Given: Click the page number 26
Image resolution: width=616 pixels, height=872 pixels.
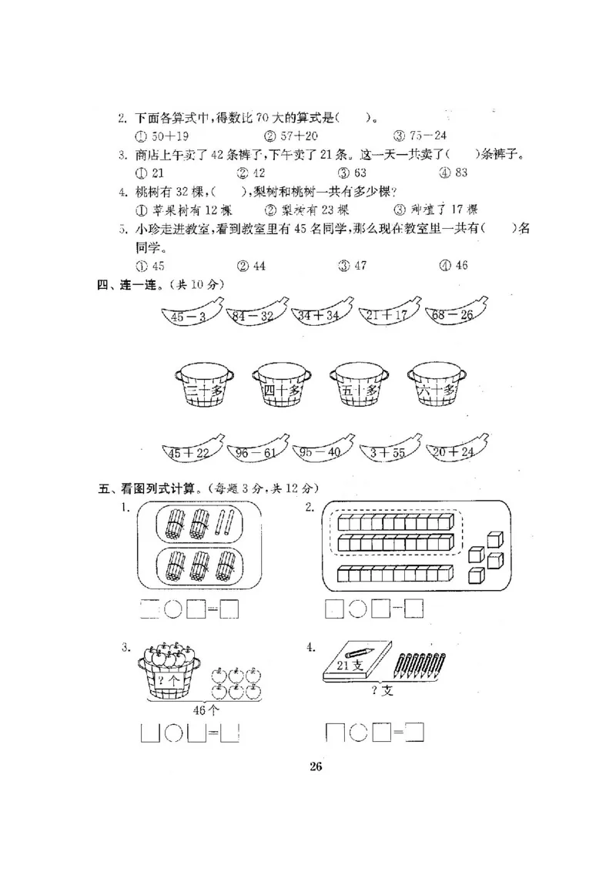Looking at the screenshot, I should [x=315, y=766].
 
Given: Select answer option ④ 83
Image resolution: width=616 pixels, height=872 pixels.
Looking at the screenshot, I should [x=453, y=173].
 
